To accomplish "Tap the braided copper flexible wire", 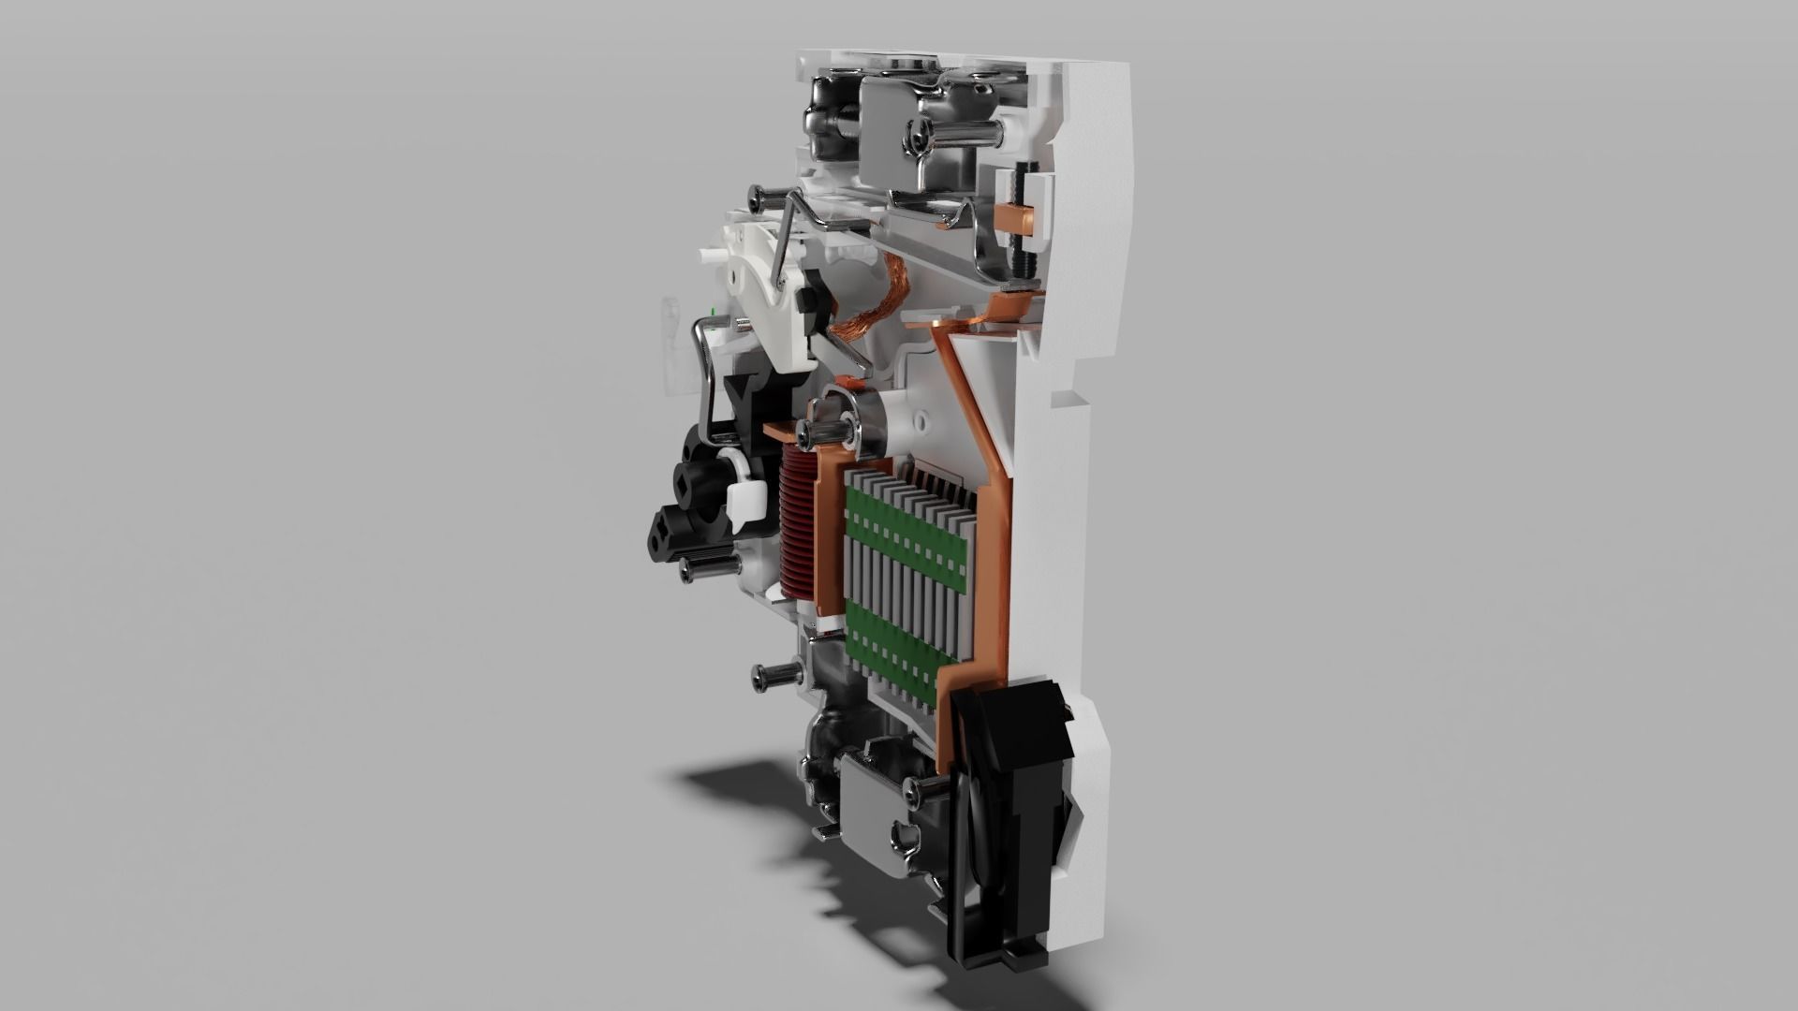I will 859,308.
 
